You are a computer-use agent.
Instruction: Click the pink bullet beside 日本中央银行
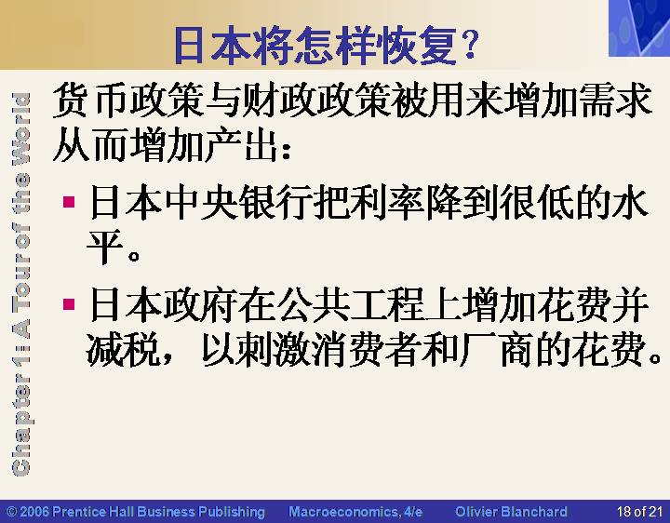(x=69, y=202)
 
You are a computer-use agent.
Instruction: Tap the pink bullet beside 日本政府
(x=69, y=304)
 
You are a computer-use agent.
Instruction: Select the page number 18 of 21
(x=639, y=512)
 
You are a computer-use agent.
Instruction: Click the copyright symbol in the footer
(x=12, y=512)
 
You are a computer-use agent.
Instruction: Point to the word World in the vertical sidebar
(x=21, y=128)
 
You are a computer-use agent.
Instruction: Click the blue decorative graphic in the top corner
(x=639, y=28)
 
